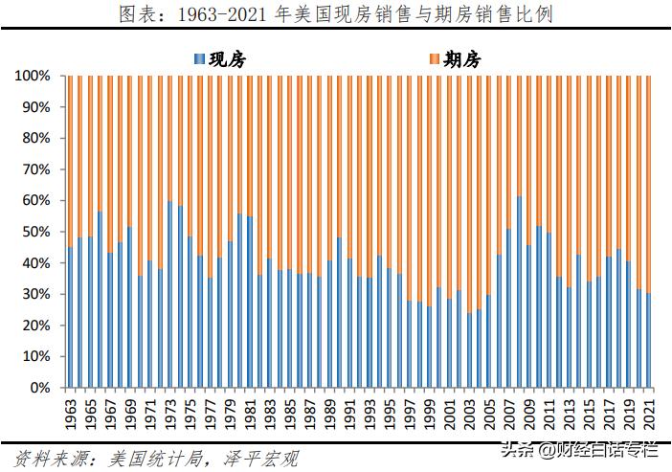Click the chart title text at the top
coord(335,14)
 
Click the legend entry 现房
coord(229,59)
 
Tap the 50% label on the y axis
coord(35,232)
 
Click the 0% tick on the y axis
coord(39,388)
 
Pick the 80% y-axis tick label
coord(35,138)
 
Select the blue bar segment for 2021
coord(648,341)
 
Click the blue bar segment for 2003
coord(468,350)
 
